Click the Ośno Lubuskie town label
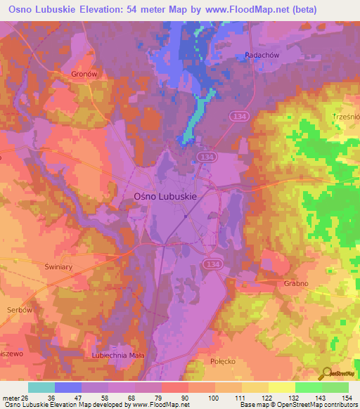point(165,198)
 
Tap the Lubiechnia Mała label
point(117,356)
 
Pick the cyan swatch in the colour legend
point(41,387)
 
